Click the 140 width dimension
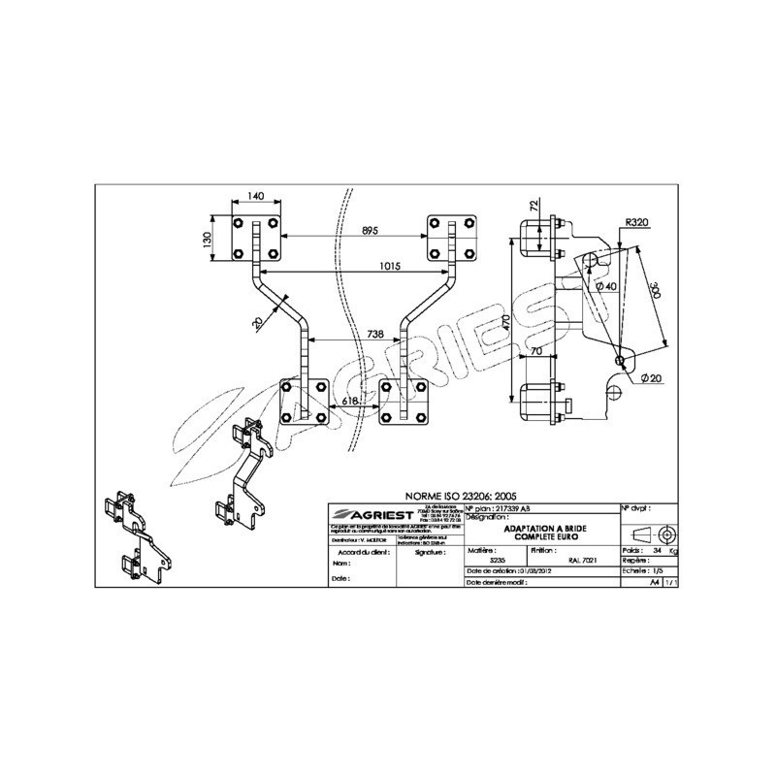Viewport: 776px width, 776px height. coord(255,196)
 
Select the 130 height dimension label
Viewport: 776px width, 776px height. coord(207,239)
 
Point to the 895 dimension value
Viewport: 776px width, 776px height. coord(370,230)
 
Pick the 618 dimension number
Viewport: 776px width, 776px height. coord(351,399)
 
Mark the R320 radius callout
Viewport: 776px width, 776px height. coord(636,222)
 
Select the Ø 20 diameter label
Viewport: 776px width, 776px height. coord(652,377)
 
